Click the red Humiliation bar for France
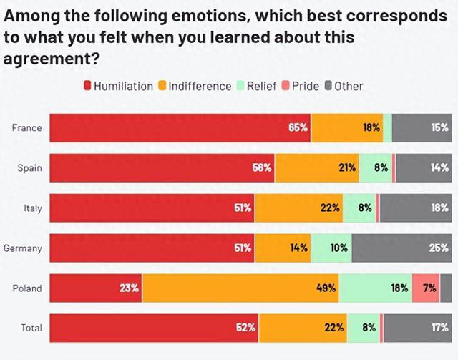coord(179,128)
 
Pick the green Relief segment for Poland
coord(376,288)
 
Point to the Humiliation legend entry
coord(118,86)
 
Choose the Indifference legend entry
coord(195,86)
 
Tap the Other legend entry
coord(343,86)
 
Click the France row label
coord(26,128)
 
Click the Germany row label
coord(22,248)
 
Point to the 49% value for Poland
coord(327,288)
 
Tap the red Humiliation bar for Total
coord(154,329)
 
